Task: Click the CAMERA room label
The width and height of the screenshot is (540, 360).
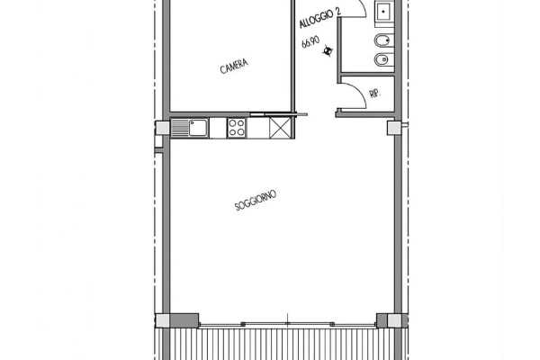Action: click(234, 66)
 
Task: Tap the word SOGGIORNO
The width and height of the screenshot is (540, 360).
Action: click(256, 200)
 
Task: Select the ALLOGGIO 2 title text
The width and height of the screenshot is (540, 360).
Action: click(320, 18)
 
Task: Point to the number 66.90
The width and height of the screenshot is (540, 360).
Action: click(310, 42)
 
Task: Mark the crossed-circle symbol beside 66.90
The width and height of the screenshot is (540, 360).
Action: click(328, 51)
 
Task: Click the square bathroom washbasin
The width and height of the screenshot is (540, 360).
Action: click(384, 12)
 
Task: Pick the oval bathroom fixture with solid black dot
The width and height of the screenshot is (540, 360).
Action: click(383, 41)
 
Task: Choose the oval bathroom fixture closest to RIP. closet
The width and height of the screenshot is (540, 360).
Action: click(383, 60)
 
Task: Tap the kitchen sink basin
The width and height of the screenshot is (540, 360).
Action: click(198, 128)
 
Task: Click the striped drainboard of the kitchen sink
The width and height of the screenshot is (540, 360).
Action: click(180, 128)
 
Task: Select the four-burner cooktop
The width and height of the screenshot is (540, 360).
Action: click(237, 128)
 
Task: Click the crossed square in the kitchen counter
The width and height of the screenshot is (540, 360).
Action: click(280, 128)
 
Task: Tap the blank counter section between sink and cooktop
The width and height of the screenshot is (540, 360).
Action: click(218, 128)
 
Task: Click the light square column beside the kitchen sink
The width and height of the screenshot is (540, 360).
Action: click(162, 128)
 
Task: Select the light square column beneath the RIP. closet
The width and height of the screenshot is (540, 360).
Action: click(394, 128)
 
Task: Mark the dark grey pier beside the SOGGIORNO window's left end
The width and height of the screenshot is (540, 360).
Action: click(184, 320)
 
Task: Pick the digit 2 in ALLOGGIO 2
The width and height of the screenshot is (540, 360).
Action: click(338, 11)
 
